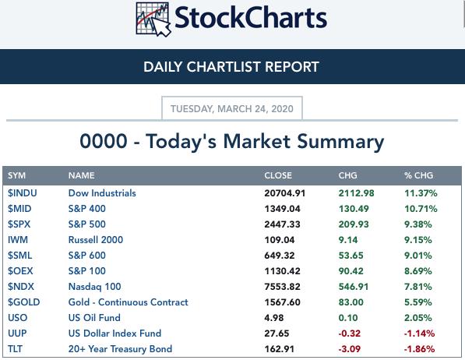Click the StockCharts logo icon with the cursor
(153, 19)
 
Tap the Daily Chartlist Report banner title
(231, 67)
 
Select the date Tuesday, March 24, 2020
(232, 109)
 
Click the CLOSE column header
(278, 175)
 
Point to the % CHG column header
(419, 175)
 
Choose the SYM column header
(16, 175)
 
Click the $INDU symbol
(23, 193)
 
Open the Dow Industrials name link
(102, 193)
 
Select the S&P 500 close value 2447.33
(282, 224)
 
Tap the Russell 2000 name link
(96, 240)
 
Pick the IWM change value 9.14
(348, 240)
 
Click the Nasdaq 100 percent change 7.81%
(418, 287)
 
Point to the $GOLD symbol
(24, 302)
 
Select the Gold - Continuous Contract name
(129, 302)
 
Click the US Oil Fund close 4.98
(274, 318)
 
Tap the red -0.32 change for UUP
(350, 334)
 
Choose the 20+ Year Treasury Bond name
(121, 349)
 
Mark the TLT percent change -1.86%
(420, 349)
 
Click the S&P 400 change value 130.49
(354, 209)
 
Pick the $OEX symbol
(20, 271)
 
